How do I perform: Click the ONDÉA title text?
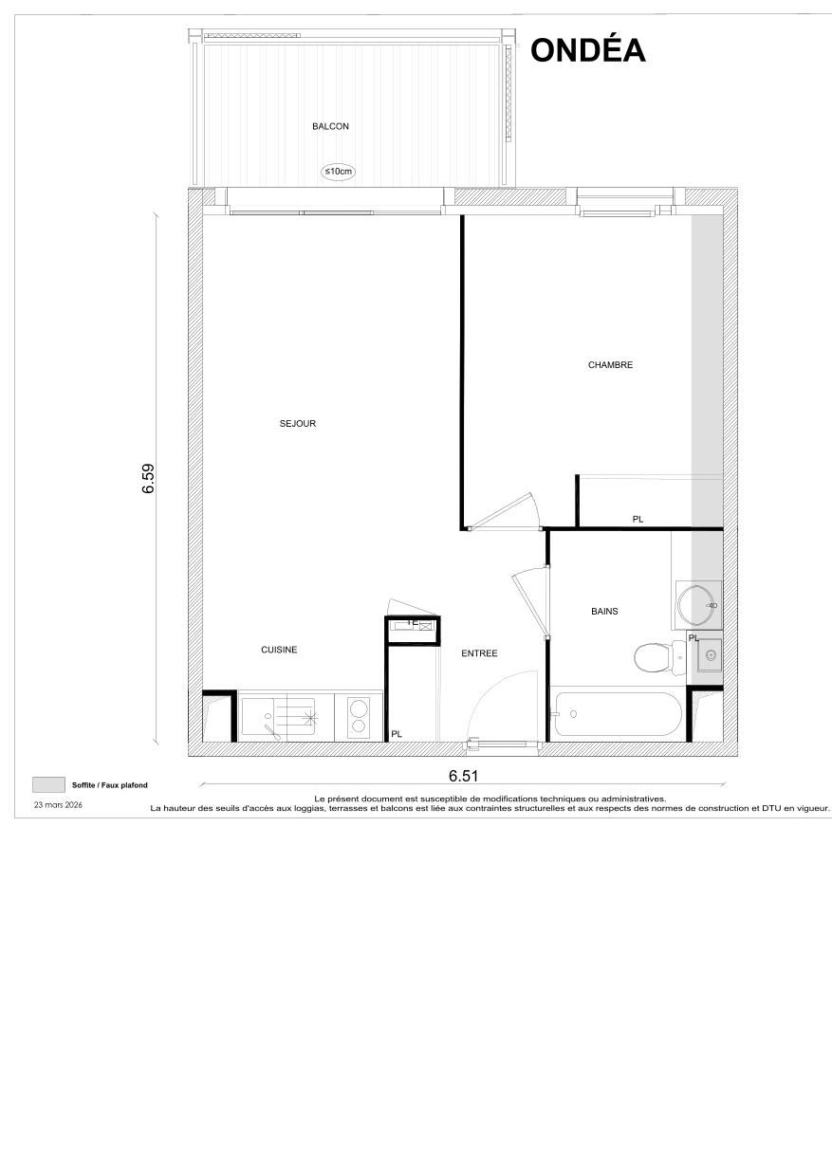pyautogui.click(x=587, y=50)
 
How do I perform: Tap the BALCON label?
pyautogui.click(x=330, y=126)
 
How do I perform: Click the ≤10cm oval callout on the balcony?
pyautogui.click(x=339, y=172)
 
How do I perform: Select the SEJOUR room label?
pyautogui.click(x=297, y=424)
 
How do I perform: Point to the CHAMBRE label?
pyautogui.click(x=610, y=365)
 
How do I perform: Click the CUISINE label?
pyautogui.click(x=279, y=650)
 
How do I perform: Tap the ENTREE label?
pyautogui.click(x=479, y=653)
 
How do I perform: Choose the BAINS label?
pyautogui.click(x=604, y=612)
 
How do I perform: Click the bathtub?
pyautogui.click(x=618, y=715)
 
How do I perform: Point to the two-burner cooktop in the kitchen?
pyautogui.click(x=359, y=716)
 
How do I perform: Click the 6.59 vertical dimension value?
pyautogui.click(x=148, y=478)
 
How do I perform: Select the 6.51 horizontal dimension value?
pyautogui.click(x=463, y=776)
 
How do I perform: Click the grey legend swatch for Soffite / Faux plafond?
pyautogui.click(x=47, y=784)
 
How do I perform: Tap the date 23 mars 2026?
pyautogui.click(x=59, y=804)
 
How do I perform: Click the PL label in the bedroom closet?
pyautogui.click(x=638, y=519)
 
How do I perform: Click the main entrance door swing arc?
pyautogui.click(x=503, y=697)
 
